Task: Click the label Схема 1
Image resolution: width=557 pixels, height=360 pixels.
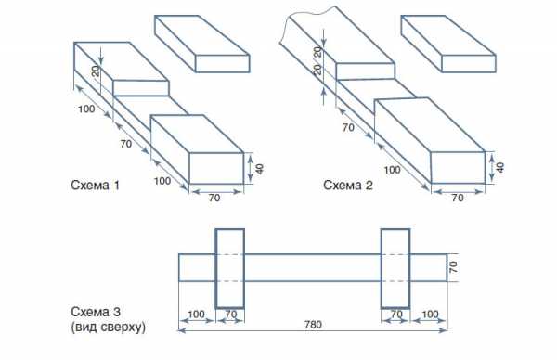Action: point(95,186)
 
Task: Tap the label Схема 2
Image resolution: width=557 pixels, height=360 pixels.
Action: point(348,186)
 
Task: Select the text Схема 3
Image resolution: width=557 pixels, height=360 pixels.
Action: point(96,312)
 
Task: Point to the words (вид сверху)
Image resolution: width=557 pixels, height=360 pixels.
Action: point(109,327)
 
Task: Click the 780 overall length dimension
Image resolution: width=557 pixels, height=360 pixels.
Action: point(313,325)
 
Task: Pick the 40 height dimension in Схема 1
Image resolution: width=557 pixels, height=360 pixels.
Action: point(260,169)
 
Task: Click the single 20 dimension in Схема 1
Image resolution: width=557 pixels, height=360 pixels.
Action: point(96,71)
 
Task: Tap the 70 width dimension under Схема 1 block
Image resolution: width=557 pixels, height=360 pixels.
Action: point(214,198)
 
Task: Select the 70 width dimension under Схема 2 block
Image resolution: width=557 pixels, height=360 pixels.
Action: point(458,198)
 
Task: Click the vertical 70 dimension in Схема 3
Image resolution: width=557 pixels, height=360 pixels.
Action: point(453,267)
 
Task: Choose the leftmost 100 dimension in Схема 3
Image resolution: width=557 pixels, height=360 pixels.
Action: point(196,315)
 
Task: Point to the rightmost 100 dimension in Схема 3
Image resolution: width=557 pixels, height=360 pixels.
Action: point(430,315)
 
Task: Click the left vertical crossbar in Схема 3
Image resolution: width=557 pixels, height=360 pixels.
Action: point(230,268)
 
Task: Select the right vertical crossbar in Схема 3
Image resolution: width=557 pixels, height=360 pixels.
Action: point(395,268)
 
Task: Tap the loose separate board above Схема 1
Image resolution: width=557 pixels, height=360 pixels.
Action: point(202,44)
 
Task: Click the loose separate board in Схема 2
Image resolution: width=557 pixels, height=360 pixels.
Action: point(448,44)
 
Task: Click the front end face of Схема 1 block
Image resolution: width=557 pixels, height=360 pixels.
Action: point(216,168)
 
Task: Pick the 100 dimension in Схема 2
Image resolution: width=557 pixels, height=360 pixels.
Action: point(392,170)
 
